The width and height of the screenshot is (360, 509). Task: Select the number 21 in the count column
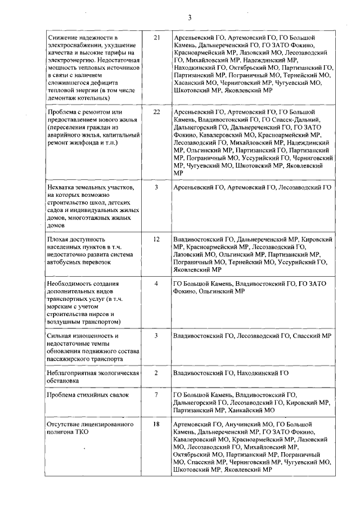(x=156, y=38)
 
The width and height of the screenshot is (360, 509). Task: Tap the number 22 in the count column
(x=156, y=112)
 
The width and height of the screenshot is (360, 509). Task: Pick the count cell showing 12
(x=156, y=239)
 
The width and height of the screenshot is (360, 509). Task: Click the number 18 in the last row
(x=156, y=423)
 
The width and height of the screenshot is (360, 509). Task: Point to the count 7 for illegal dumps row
(x=156, y=395)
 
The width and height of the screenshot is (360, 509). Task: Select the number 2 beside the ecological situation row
(x=156, y=373)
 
